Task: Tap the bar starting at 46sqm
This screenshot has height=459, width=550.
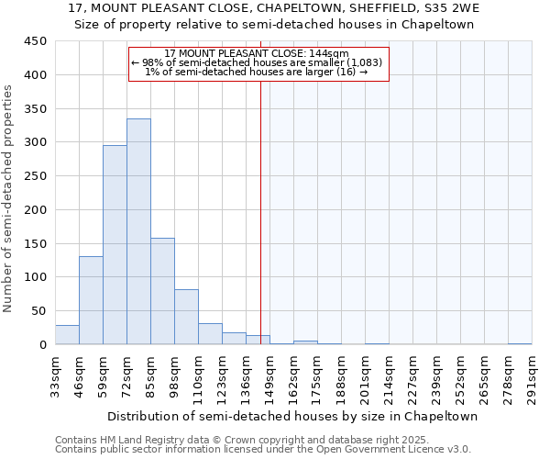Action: tap(91, 300)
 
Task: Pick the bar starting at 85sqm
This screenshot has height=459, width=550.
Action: tap(162, 291)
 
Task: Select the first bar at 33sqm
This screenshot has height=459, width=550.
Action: tap(67, 335)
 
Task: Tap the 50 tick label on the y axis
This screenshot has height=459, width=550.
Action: tap(38, 311)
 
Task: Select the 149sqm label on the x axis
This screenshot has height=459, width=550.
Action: tap(269, 376)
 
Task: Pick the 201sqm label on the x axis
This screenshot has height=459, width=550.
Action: tap(365, 376)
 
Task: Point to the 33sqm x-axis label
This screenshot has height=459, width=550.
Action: tap(55, 376)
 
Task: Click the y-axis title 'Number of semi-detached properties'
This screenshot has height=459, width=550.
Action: tap(8, 198)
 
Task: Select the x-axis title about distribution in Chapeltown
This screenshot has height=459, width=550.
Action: tap(292, 416)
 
